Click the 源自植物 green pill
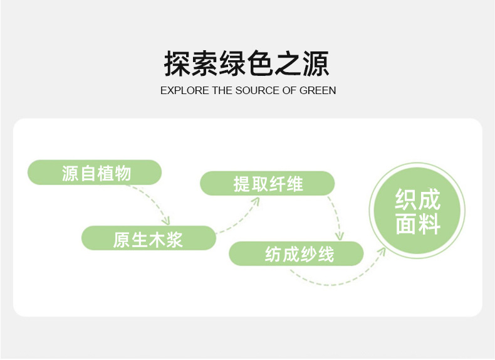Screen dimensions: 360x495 coord(95,172)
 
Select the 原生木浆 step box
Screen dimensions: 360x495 coord(148,238)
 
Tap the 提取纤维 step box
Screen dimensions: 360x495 coord(268,184)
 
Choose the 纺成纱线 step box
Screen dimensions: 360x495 coord(296,254)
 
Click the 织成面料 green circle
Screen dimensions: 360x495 coord(417,211)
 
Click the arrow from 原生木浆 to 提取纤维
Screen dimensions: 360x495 coord(241,216)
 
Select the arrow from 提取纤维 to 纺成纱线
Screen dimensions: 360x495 coord(337,216)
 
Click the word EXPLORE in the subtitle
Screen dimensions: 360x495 coord(185,90)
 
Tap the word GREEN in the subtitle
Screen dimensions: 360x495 coord(318,90)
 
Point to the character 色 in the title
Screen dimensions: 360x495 coord(246,64)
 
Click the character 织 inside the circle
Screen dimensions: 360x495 coord(405,199)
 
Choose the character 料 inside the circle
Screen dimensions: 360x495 coord(429,224)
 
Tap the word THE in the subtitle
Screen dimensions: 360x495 coord(222,90)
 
